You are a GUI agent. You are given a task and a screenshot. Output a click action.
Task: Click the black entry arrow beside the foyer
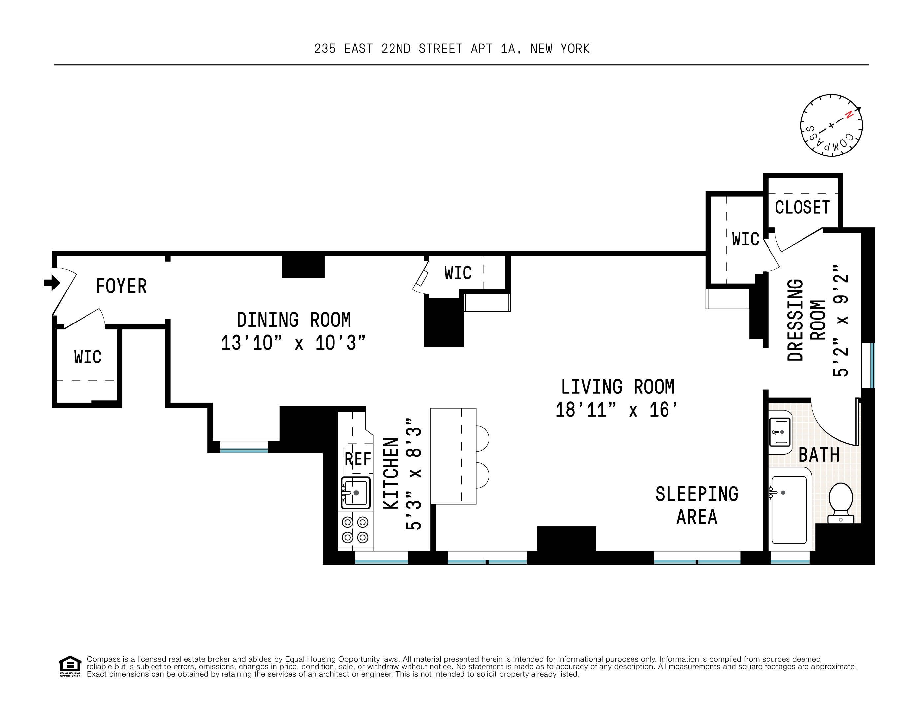coord(51,283)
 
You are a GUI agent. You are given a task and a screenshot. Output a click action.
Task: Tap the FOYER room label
coord(121,287)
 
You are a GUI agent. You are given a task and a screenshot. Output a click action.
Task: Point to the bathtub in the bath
coord(789,510)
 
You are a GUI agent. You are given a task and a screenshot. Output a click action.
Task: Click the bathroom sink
coord(780,432)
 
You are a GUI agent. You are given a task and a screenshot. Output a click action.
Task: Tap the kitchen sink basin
coord(356,493)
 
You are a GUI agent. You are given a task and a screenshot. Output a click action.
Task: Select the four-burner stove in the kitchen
coord(355,530)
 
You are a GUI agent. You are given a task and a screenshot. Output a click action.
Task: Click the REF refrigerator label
coord(358,459)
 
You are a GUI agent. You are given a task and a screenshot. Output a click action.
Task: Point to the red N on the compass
coord(849,115)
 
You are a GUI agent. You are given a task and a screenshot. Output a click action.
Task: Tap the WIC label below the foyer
coord(87,357)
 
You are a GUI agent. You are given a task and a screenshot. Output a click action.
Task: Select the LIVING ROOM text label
coord(617,387)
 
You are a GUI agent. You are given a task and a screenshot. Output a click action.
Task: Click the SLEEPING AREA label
coord(697,505)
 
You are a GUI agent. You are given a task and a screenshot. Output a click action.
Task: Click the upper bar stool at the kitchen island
coord(482,438)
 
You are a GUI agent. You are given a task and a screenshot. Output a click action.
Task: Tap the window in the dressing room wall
coord(868,366)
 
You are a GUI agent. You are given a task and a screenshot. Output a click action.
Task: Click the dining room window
coord(244,447)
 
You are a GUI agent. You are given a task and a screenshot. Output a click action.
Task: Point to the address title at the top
coord(451,49)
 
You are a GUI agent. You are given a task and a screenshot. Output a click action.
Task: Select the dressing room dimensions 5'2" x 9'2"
coord(840,321)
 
